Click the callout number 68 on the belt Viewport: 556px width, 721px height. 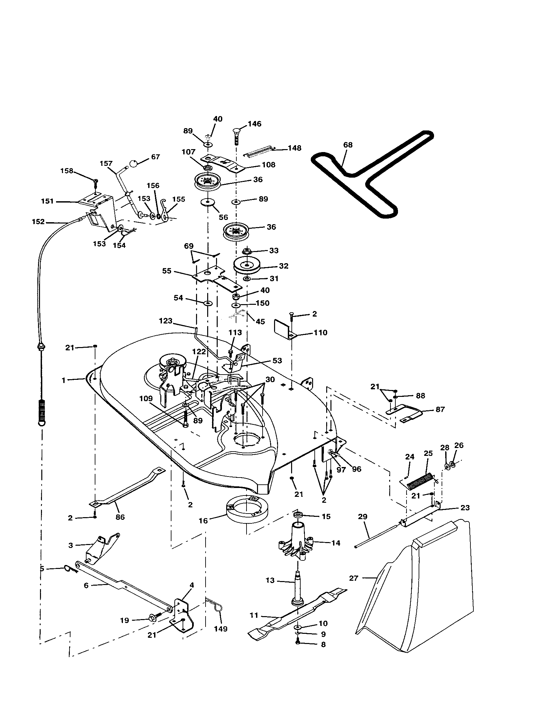[x=348, y=145]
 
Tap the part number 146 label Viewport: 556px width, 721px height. [x=254, y=124]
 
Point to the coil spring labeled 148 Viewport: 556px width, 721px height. [x=259, y=151]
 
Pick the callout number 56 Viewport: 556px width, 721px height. [x=224, y=217]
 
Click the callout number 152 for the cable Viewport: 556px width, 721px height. [x=38, y=222]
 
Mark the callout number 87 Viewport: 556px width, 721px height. [x=440, y=409]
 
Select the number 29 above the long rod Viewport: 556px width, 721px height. [x=363, y=516]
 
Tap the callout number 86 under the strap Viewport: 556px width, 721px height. [x=120, y=517]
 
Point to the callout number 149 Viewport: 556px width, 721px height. [x=221, y=629]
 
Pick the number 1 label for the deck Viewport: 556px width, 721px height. [x=63, y=380]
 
